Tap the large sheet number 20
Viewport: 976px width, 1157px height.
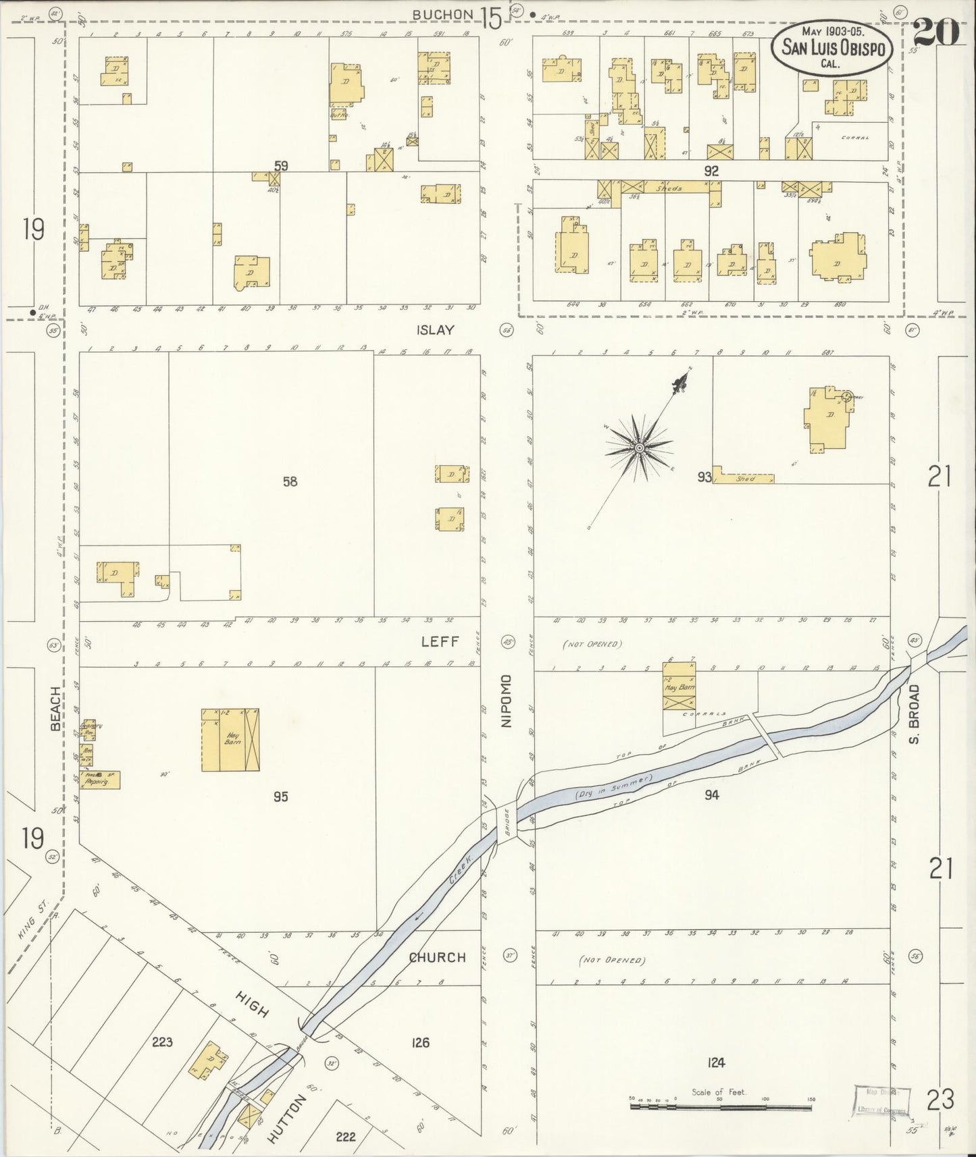937,32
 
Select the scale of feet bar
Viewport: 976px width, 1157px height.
721,1108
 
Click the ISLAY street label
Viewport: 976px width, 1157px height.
436,330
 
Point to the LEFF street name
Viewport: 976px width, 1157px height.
440,641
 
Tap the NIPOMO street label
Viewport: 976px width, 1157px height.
508,701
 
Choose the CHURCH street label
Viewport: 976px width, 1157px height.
437,957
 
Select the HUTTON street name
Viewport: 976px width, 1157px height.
287,1119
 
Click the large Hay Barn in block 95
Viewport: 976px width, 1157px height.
230,740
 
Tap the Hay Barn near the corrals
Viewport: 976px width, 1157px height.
679,686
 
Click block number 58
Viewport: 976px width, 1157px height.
290,481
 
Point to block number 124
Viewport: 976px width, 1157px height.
716,1062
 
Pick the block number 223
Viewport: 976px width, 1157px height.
162,1042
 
